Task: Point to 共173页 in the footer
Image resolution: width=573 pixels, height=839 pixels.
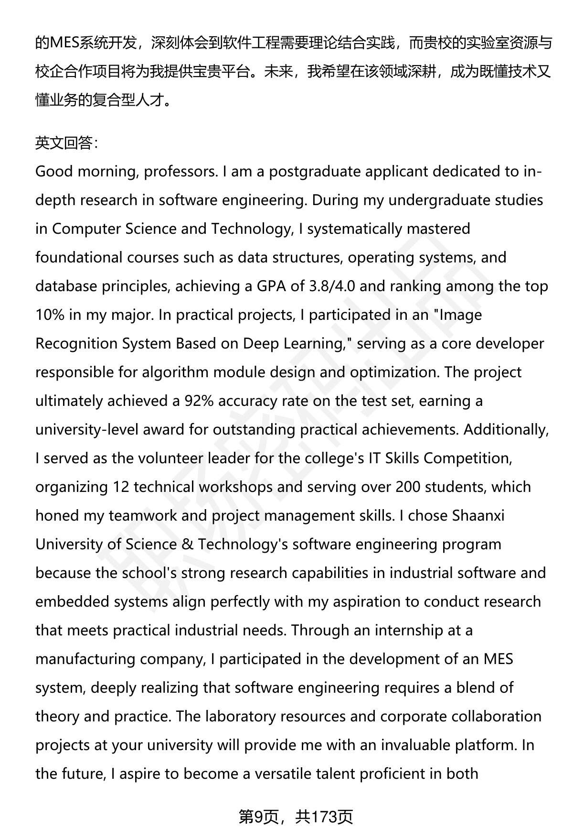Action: pos(324,817)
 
